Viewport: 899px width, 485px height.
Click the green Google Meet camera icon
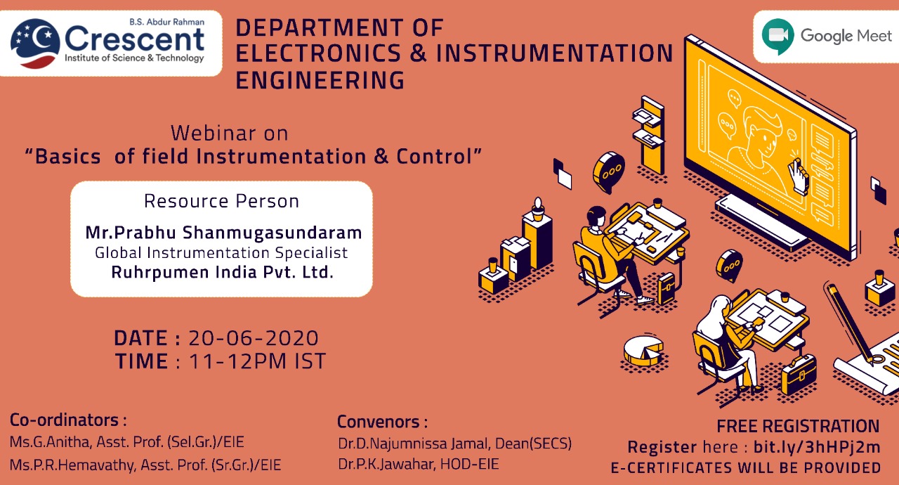[777, 36]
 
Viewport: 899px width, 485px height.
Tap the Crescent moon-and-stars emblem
[35, 44]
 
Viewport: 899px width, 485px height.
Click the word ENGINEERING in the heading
[320, 80]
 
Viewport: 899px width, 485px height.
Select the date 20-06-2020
[254, 338]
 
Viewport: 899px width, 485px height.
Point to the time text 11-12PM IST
[257, 361]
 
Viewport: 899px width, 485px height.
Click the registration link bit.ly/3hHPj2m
[817, 447]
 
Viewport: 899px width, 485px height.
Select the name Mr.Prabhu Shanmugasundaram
[223, 233]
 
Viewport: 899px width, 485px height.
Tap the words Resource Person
[221, 201]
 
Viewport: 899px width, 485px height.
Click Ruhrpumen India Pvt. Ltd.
[223, 272]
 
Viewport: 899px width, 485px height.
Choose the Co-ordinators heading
[68, 420]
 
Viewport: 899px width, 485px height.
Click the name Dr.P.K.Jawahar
[386, 464]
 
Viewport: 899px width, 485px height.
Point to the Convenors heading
[383, 422]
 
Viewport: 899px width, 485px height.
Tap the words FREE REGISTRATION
[799, 427]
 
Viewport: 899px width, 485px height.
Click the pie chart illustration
[643, 350]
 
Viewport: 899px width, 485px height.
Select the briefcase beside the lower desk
[799, 374]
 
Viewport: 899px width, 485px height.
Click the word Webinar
[213, 133]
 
